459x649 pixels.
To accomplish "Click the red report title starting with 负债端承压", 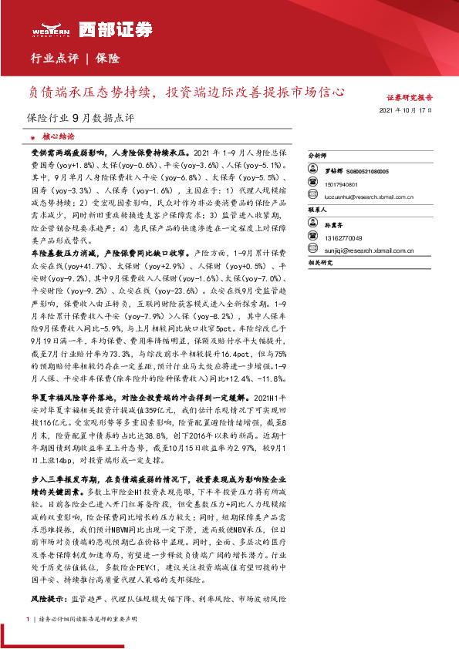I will pos(181,92).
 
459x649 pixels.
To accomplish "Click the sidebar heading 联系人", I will pos(318,209).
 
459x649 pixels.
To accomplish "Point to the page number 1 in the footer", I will pos(27,620).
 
